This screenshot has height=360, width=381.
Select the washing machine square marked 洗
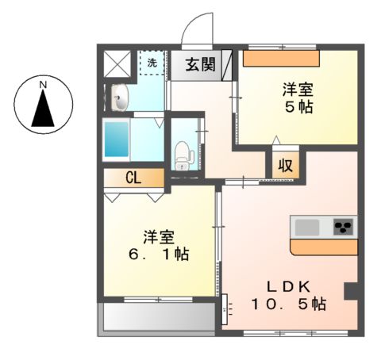pyautogui.click(x=152, y=62)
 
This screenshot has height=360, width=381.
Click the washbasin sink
pyautogui.click(x=119, y=99)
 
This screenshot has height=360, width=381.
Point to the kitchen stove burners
pyautogui.click(x=343, y=228)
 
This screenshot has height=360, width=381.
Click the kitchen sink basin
pyautogui.click(x=307, y=228)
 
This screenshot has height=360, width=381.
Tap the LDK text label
pyautogui.click(x=288, y=286)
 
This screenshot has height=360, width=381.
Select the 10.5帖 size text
pyautogui.click(x=288, y=304)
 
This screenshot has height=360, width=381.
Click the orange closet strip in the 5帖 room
pyautogui.click(x=280, y=58)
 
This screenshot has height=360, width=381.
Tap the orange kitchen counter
pyautogui.click(x=325, y=247)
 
